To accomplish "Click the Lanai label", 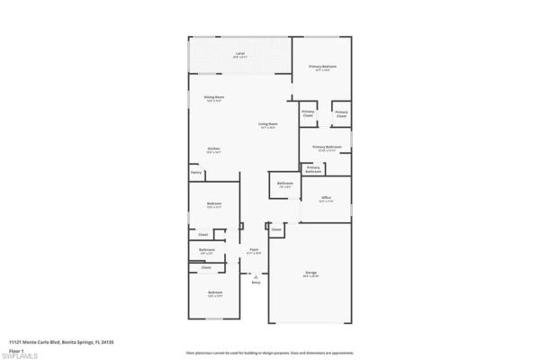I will coord(240,54).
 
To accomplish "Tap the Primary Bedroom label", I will coord(323,67).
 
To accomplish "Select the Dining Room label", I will coord(214,96).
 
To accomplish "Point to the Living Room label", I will coord(267,124).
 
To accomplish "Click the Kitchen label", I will coord(214,148).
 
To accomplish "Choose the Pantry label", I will coord(195,172).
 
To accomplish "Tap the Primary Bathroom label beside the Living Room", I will coord(327,146).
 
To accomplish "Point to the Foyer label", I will coord(255,251).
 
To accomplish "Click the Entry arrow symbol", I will coord(256,275).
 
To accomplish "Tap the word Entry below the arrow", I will coord(256,283).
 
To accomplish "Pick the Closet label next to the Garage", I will coord(276,229).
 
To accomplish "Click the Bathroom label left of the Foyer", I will coord(207,251).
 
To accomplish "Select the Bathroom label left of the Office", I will coord(285,184).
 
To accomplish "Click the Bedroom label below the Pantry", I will coord(214,204).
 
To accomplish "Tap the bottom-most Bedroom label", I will coord(214,292).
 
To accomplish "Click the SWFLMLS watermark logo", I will coord(20,353).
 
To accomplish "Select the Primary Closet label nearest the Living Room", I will coord(308,113).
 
